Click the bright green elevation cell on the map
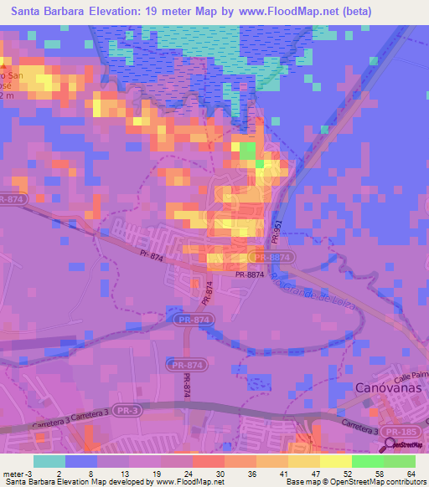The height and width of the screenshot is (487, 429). (x=248, y=151)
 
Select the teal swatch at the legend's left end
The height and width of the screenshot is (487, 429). (x=49, y=461)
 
